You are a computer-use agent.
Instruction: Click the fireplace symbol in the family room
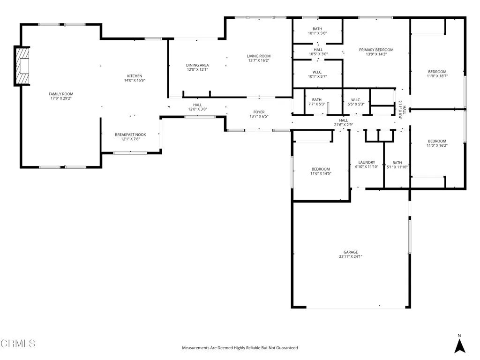point(22,66)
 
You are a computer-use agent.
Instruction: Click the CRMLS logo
point(18,344)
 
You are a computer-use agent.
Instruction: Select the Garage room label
point(350,252)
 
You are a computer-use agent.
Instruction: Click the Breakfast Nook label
point(130,135)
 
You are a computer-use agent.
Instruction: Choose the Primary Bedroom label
point(376,50)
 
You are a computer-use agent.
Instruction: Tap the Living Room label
point(259,56)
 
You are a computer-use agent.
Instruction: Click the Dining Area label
point(197,65)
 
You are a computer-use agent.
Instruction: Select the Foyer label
point(259,112)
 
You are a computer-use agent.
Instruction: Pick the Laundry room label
point(367,162)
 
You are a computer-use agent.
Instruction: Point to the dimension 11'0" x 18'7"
point(437,76)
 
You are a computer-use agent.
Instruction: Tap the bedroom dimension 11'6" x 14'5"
point(321,173)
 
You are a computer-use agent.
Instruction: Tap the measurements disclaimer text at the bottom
point(240,348)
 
